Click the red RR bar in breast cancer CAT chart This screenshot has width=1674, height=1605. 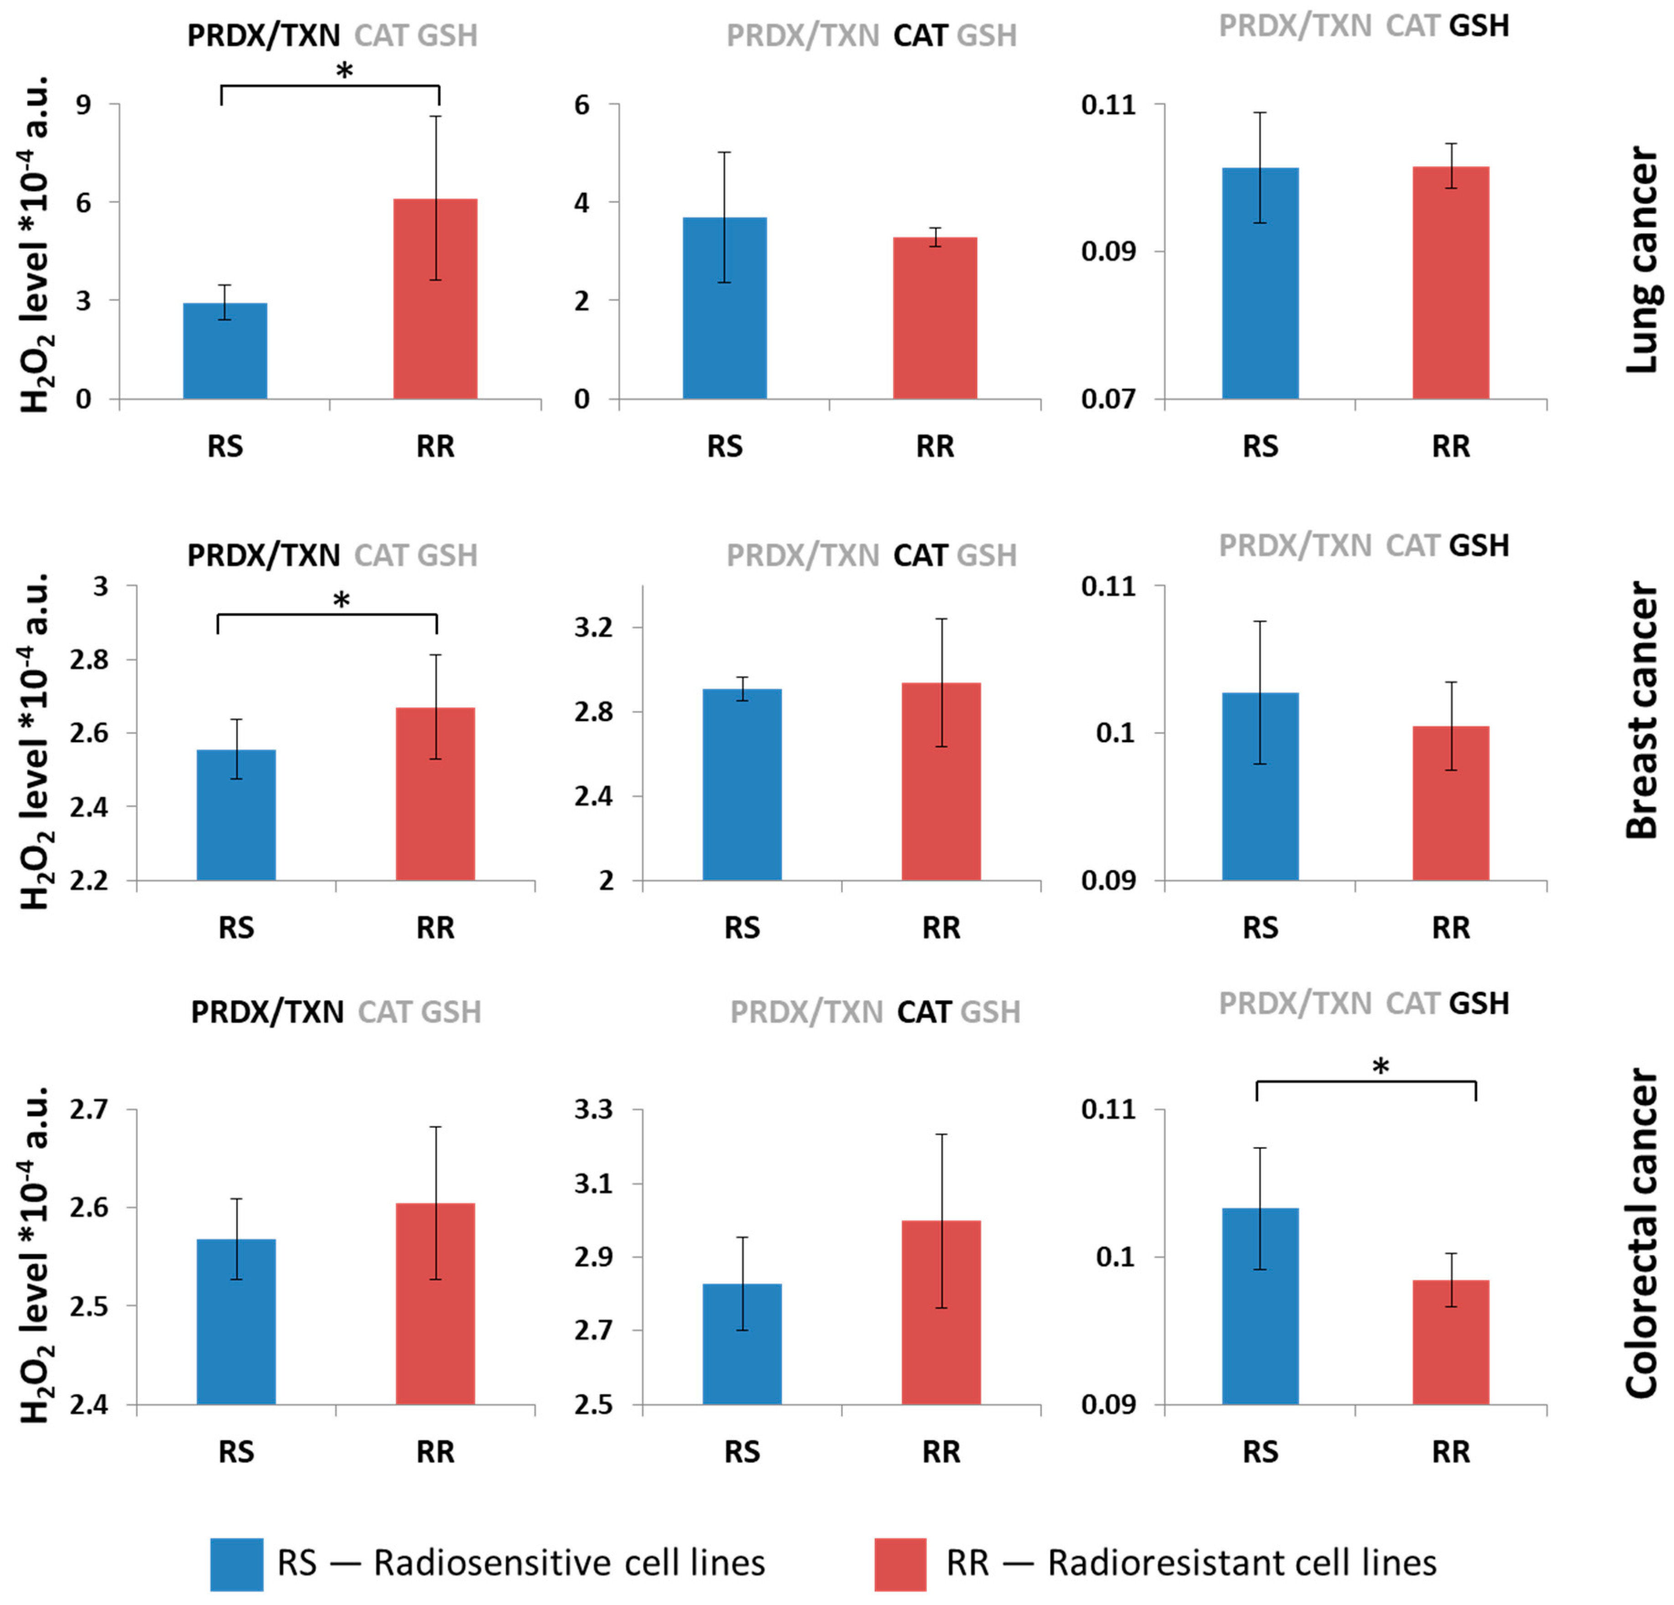click(x=941, y=782)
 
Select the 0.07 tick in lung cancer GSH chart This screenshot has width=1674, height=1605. click(x=1109, y=399)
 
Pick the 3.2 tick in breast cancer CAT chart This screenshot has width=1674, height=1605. click(x=593, y=628)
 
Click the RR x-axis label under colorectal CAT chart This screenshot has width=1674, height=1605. click(x=941, y=1452)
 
